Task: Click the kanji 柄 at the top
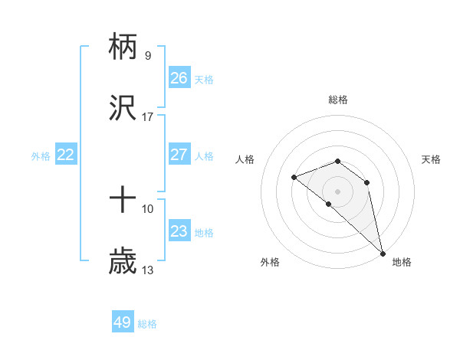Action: (123, 47)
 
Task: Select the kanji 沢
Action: (123, 108)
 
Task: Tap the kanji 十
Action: (123, 200)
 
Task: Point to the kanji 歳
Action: (123, 261)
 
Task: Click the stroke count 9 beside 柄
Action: (148, 55)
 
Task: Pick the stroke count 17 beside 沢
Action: (148, 116)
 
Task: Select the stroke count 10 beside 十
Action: (148, 208)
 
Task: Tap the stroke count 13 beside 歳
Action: (148, 270)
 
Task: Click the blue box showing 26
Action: (179, 78)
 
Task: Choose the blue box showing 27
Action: (179, 155)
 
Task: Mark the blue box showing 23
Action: (179, 231)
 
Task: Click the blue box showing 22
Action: (66, 155)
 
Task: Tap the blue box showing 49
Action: (123, 322)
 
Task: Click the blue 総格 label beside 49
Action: (147, 324)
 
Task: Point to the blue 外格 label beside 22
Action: (41, 156)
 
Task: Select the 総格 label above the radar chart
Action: (338, 100)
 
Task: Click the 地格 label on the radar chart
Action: (402, 262)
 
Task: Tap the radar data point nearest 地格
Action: (383, 253)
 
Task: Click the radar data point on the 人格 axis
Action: (294, 178)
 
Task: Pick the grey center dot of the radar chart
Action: (338, 191)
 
